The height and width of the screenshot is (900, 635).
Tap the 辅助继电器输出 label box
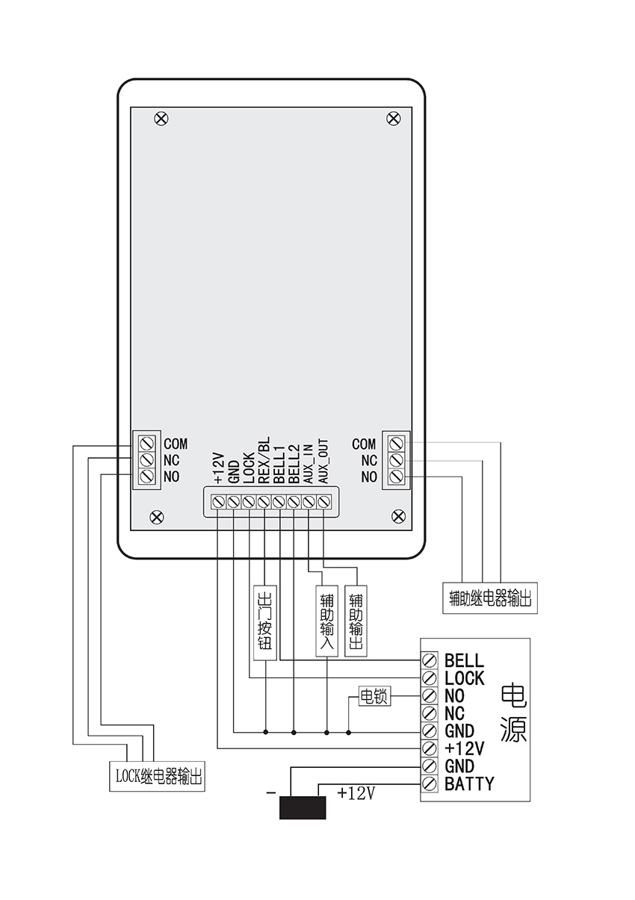tap(490, 599)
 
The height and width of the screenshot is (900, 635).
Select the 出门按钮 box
tap(264, 620)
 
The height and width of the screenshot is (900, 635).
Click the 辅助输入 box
tap(326, 620)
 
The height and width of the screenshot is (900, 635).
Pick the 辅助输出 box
tap(356, 620)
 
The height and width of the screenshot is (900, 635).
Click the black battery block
tap(303, 807)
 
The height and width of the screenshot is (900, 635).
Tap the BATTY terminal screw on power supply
tap(430, 783)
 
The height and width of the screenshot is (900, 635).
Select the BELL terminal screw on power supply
tap(430, 661)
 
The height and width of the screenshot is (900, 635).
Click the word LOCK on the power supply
tap(464, 678)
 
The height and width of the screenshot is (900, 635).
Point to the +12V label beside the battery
tap(356, 793)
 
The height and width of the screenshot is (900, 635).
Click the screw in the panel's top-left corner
tap(161, 118)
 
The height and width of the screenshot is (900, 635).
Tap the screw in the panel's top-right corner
tap(394, 118)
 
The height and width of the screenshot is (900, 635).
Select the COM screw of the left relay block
tap(147, 443)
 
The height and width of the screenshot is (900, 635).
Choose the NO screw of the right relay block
tap(396, 477)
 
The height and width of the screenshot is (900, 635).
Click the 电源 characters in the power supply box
tap(513, 713)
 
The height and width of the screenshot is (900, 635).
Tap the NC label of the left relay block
tap(171, 460)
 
